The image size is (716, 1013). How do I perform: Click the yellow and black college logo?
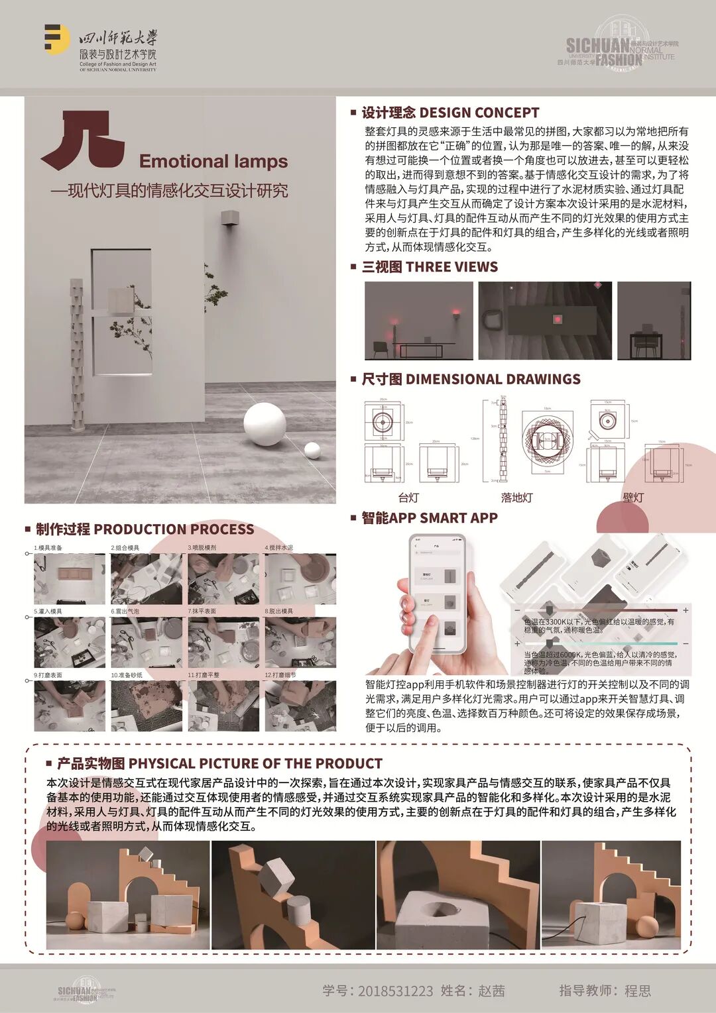tap(56, 40)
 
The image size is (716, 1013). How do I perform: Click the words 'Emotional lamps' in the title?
tap(213, 161)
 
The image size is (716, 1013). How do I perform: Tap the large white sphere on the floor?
tap(265, 423)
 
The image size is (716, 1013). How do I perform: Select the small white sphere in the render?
tap(312, 451)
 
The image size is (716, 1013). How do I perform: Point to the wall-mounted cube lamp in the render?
tap(229, 218)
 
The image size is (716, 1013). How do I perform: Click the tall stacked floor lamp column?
tap(78, 354)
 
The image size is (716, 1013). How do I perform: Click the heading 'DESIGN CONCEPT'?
tap(479, 113)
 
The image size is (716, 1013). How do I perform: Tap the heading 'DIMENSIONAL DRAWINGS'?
tap(493, 379)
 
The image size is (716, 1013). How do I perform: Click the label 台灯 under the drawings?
tap(408, 497)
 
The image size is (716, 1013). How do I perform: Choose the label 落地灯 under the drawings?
tap(516, 497)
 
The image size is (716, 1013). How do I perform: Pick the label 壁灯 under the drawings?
tap(633, 497)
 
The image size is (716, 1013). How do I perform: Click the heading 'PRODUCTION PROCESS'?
tap(174, 529)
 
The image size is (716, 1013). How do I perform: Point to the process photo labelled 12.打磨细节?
tap(300, 706)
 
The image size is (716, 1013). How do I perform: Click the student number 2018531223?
tap(395, 991)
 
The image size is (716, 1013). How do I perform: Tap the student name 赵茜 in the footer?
tap(491, 991)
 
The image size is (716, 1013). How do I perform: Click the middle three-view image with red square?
tap(545, 321)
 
